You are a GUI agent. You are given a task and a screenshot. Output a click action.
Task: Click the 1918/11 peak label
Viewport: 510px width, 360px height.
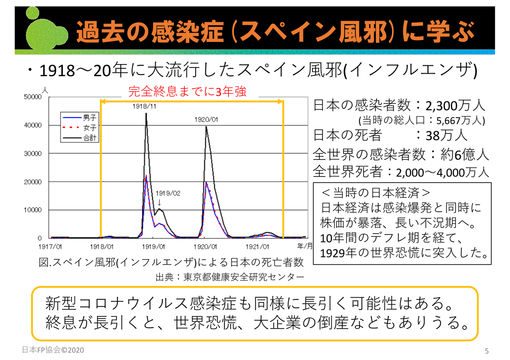pos(146,106)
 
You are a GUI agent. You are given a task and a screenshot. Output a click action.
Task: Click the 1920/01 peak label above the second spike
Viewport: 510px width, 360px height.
pos(206,119)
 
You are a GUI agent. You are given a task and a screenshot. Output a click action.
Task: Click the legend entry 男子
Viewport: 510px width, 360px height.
pos(89,118)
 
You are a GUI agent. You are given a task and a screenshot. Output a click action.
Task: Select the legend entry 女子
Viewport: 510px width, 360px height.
pos(89,128)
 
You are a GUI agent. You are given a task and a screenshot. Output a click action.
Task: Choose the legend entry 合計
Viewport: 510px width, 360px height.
pos(89,139)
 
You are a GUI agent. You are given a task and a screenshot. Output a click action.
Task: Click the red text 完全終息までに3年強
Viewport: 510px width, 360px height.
pos(187,92)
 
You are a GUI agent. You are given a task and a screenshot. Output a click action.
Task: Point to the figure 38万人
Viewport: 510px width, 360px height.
pos(446,135)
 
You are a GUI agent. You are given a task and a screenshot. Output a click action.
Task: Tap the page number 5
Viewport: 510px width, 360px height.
pos(487,350)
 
